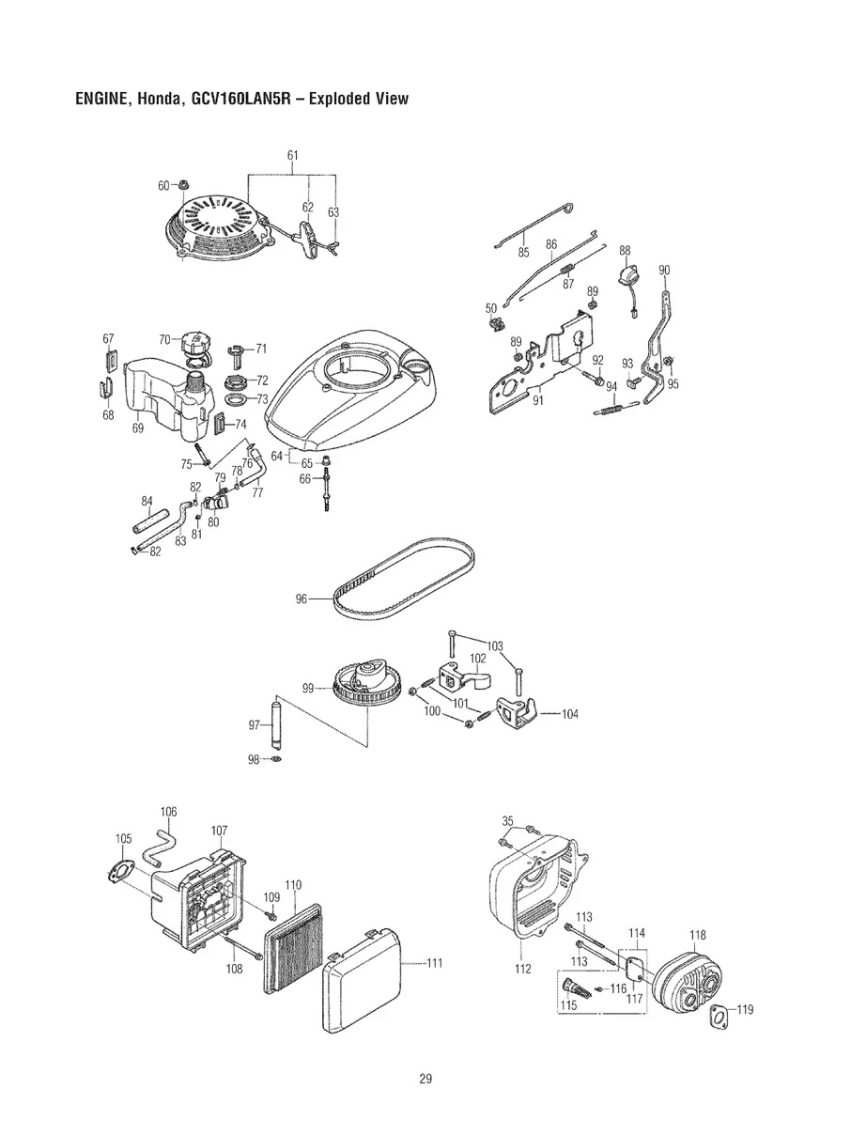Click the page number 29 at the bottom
pos(425,1078)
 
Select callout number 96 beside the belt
pos(301,598)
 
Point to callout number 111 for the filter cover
pos(434,962)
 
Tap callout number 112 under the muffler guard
pos(523,969)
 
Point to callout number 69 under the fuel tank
pos(137,428)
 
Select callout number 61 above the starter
pos(292,154)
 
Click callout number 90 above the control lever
pos(664,271)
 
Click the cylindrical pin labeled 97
pos(278,724)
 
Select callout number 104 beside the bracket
pos(569,714)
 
